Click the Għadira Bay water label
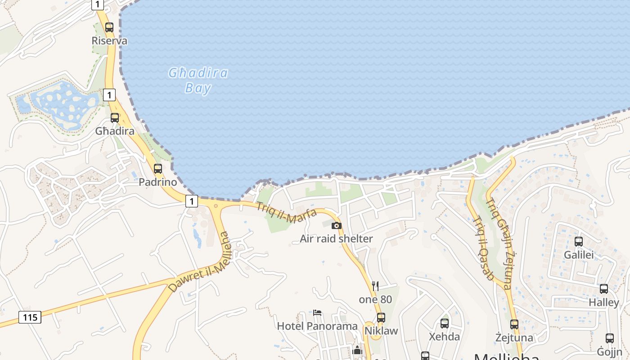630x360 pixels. click(x=198, y=80)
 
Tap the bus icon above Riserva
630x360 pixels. click(x=109, y=27)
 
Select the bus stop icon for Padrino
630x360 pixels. click(x=157, y=169)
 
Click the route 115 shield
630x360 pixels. click(x=30, y=317)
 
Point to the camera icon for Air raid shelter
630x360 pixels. click(x=337, y=225)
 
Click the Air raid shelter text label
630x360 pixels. click(x=336, y=238)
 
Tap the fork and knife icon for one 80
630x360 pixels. click(x=375, y=286)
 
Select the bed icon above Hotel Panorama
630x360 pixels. click(x=317, y=313)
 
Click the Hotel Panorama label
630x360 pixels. click(x=317, y=326)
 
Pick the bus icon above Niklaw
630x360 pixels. click(x=381, y=318)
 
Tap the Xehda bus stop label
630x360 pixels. click(x=444, y=337)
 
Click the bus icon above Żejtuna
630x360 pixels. click(x=514, y=324)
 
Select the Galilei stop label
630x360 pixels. click(x=579, y=255)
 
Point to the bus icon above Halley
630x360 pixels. click(x=604, y=289)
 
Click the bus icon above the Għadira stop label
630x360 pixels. click(x=115, y=118)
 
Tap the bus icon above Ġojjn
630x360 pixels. click(x=610, y=338)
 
